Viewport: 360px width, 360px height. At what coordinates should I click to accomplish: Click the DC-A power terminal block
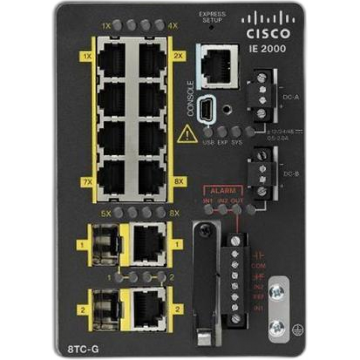point(260,96)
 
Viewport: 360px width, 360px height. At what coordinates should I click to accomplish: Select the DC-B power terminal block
point(260,173)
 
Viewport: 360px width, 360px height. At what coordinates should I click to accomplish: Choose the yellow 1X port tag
point(85,55)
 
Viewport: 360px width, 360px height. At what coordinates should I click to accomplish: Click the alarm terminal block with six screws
point(236,278)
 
